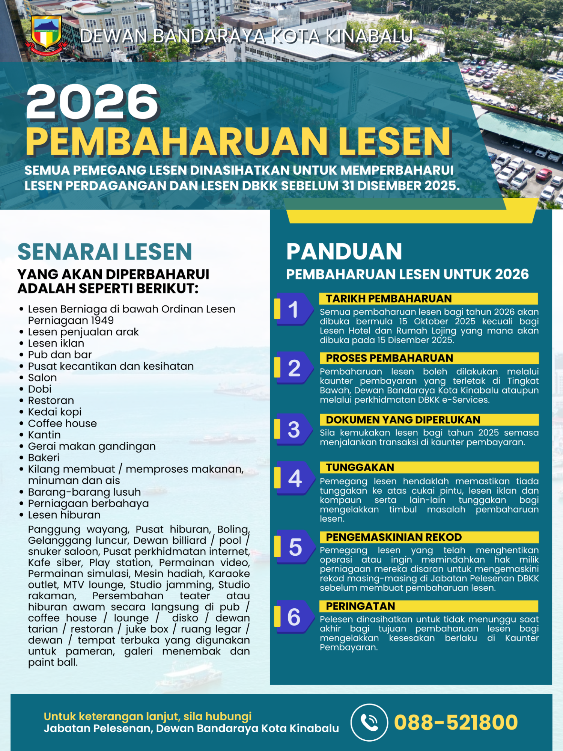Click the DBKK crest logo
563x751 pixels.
coord(46,34)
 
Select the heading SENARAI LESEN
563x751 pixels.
coord(105,252)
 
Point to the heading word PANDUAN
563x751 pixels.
coord(344,252)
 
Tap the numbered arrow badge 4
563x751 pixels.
coord(295,478)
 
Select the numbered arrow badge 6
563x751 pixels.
coord(294,617)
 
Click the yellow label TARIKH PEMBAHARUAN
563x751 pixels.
coord(389,299)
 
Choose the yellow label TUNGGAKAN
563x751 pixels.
coord(360,467)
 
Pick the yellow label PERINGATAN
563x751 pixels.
coord(360,606)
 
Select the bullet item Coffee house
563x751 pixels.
coord(62,424)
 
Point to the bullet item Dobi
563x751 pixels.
coord(39,389)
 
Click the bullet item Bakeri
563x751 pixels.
coord(44,458)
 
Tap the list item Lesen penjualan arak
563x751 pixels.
coord(83,332)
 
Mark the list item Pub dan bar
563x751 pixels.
coord(60,355)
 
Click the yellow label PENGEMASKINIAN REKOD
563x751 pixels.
coord(394,537)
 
